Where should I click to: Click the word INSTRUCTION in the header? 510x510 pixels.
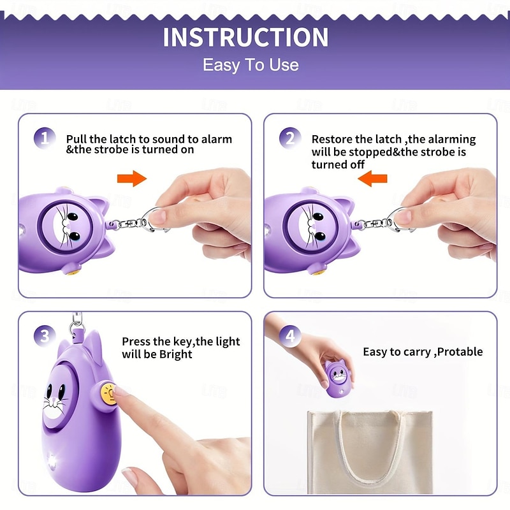(x=245, y=38)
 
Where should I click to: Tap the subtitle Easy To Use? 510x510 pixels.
(x=251, y=65)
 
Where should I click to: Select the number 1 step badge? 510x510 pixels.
(x=45, y=138)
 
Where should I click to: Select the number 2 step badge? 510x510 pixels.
(x=290, y=138)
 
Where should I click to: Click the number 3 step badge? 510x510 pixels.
(x=45, y=337)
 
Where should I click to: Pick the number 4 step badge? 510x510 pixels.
(x=290, y=337)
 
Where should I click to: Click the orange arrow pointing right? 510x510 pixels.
(x=132, y=178)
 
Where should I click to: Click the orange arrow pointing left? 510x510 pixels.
(x=372, y=178)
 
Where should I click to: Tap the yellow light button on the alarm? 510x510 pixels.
(x=108, y=394)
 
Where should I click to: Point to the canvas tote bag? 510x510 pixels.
(x=370, y=451)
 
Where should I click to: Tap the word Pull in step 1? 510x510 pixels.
(x=76, y=139)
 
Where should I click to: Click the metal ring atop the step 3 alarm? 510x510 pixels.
(x=75, y=326)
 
